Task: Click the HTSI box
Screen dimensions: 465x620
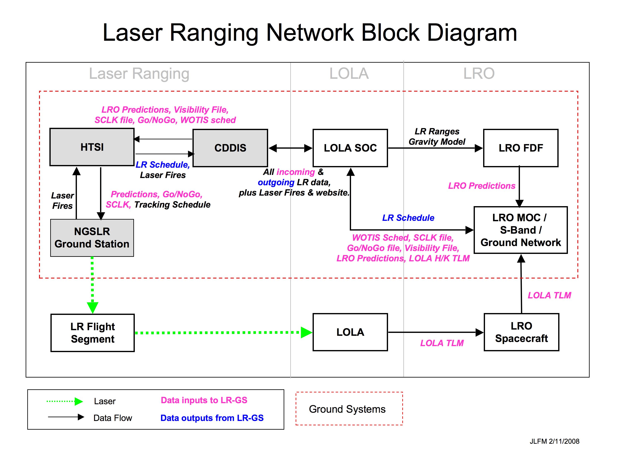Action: click(92, 147)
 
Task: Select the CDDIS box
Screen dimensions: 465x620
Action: click(230, 148)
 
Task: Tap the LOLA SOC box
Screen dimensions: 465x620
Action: click(350, 148)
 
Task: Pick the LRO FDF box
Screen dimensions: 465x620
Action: click(521, 148)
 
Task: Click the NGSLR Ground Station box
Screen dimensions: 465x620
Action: click(92, 238)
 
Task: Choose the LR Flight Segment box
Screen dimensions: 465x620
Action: click(92, 333)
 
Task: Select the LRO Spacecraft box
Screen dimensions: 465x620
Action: click(521, 332)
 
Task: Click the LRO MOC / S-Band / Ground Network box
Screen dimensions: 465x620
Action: click(521, 230)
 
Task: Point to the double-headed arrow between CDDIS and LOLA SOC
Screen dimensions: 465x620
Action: click(290, 148)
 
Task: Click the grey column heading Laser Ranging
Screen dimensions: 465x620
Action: click(139, 74)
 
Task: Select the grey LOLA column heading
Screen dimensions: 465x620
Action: click(349, 74)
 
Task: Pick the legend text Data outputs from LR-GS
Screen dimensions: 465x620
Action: click(212, 418)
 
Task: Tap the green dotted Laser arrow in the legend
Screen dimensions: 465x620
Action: click(65, 401)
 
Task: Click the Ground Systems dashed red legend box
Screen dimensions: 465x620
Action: click(349, 409)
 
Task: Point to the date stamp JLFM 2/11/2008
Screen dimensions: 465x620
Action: click(554, 441)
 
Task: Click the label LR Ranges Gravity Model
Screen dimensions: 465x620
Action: click(437, 136)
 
